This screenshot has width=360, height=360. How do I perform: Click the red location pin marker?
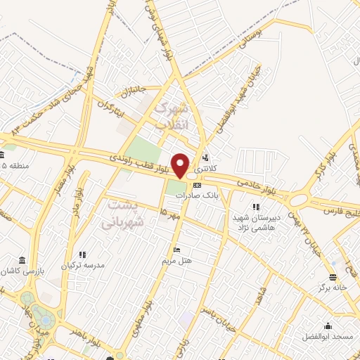pos(181,165)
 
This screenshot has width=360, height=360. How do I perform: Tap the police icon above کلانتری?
pos(205,157)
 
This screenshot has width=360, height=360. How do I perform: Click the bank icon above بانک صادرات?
pos(196,185)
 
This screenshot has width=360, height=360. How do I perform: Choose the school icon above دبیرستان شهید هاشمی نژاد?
pos(256,207)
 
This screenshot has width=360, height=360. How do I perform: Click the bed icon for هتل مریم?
pos(177,250)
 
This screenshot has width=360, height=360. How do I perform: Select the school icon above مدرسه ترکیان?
pos(84,255)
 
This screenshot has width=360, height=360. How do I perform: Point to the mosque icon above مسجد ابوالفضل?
pos(328,326)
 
